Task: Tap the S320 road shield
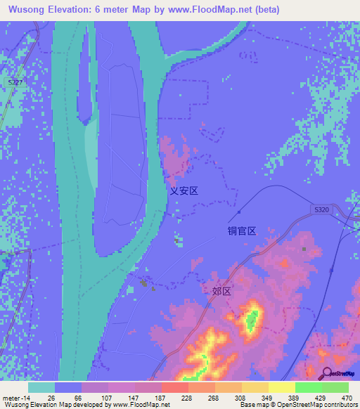click(321, 210)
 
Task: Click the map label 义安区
click(184, 190)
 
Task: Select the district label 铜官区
click(241, 230)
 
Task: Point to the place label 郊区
click(221, 290)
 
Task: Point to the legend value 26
click(41, 398)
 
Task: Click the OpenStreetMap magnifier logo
click(326, 374)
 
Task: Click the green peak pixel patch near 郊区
click(250, 322)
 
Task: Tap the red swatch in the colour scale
click(174, 387)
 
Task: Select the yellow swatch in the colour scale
click(281, 387)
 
